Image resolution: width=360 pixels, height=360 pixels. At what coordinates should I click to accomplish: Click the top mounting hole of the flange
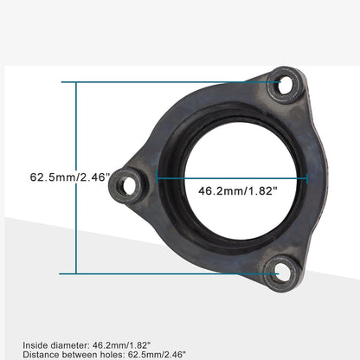click(285, 85)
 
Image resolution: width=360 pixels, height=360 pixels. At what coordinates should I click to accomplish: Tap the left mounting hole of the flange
click(130, 183)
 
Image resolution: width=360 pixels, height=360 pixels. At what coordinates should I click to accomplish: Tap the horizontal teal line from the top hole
click(173, 83)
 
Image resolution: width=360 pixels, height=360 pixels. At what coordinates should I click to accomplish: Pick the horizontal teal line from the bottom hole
click(173, 274)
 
